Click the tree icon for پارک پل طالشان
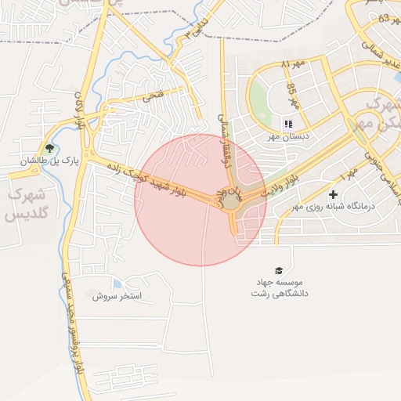(50, 147)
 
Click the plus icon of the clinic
(334, 194)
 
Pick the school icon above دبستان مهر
(287, 124)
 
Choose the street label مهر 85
(293, 95)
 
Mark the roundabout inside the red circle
(233, 203)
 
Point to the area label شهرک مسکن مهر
(376, 114)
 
